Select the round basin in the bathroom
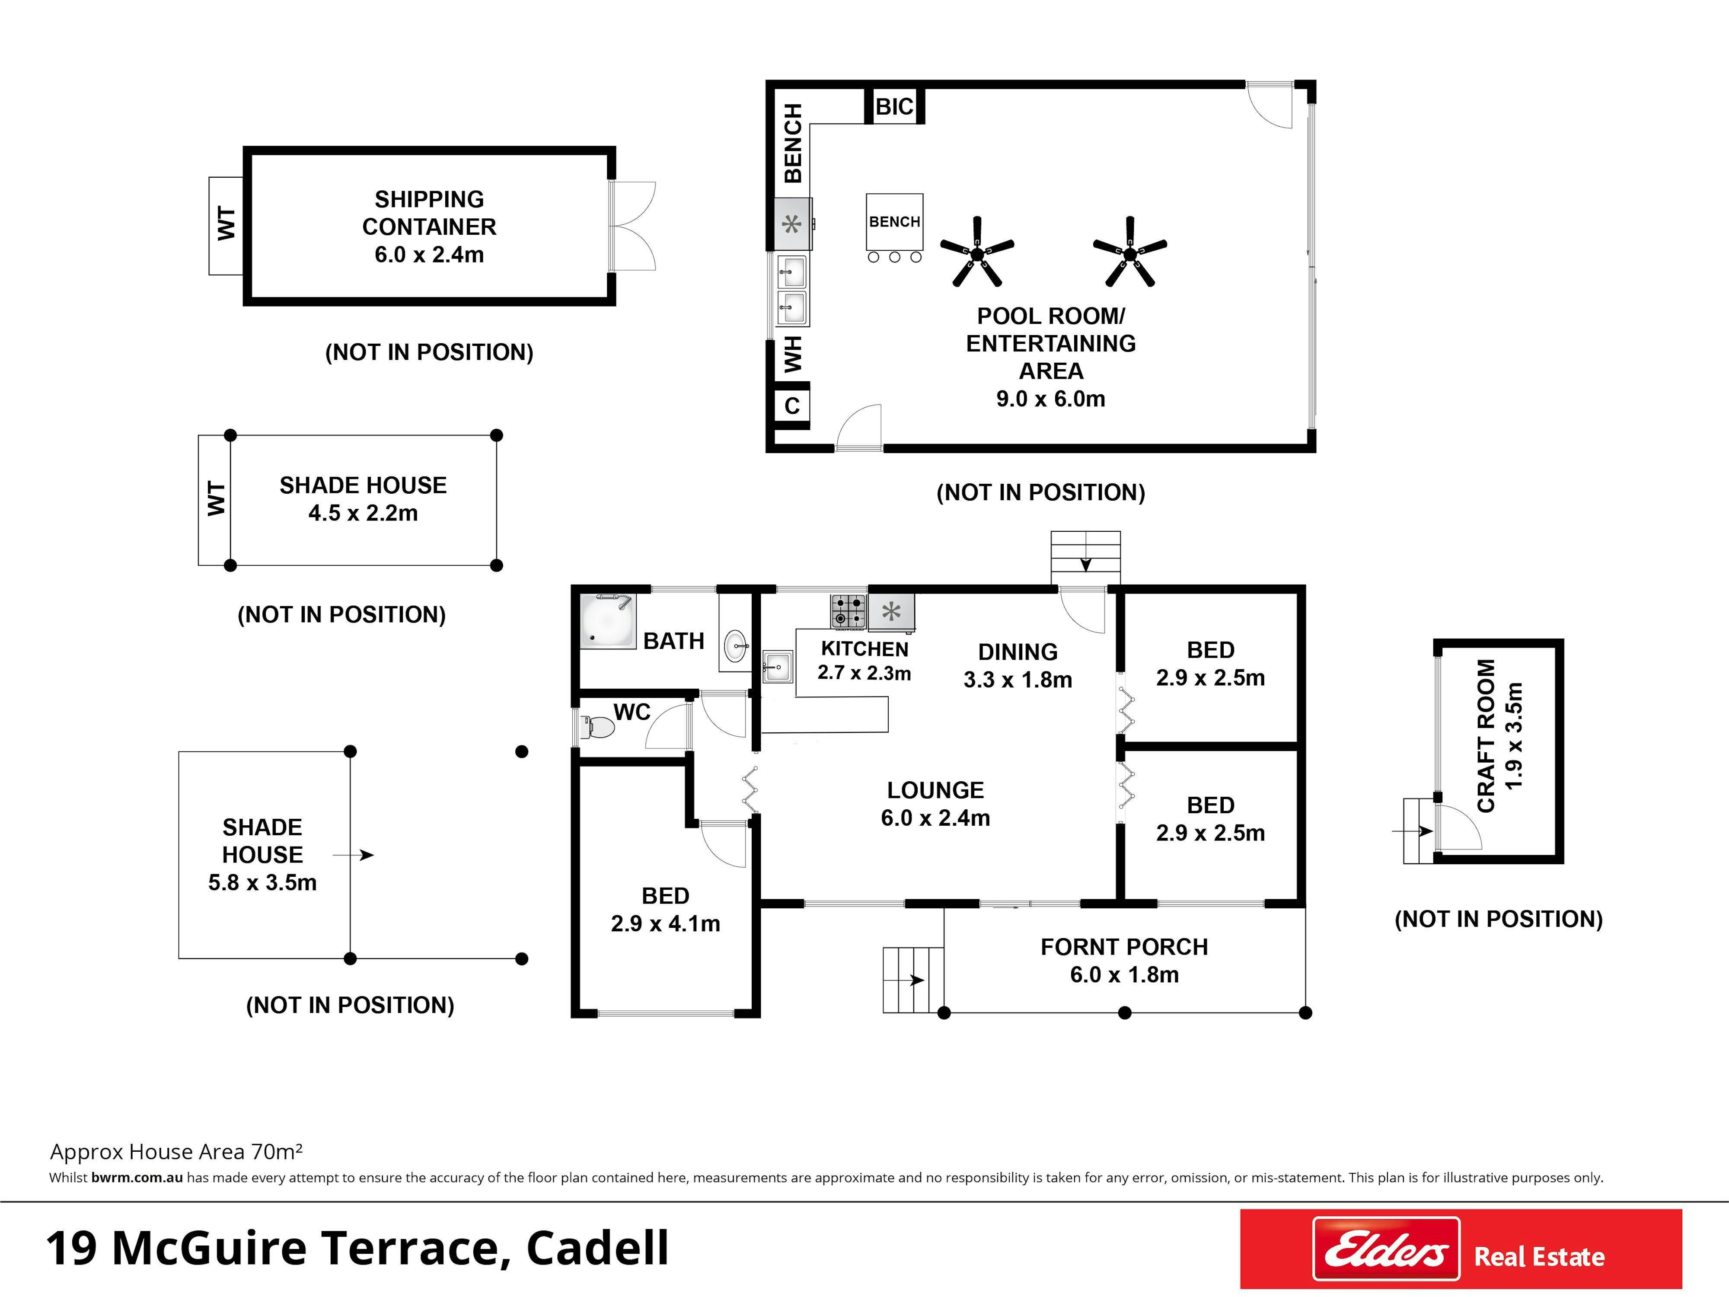(x=735, y=646)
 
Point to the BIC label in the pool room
(x=894, y=106)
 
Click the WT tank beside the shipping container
(x=226, y=226)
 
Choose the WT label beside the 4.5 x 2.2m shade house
(x=216, y=499)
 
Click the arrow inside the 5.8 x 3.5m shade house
(x=353, y=855)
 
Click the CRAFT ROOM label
(x=1486, y=736)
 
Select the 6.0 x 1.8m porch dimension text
(x=1124, y=975)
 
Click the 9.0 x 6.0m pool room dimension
(x=1050, y=399)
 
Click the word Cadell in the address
(x=598, y=1248)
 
